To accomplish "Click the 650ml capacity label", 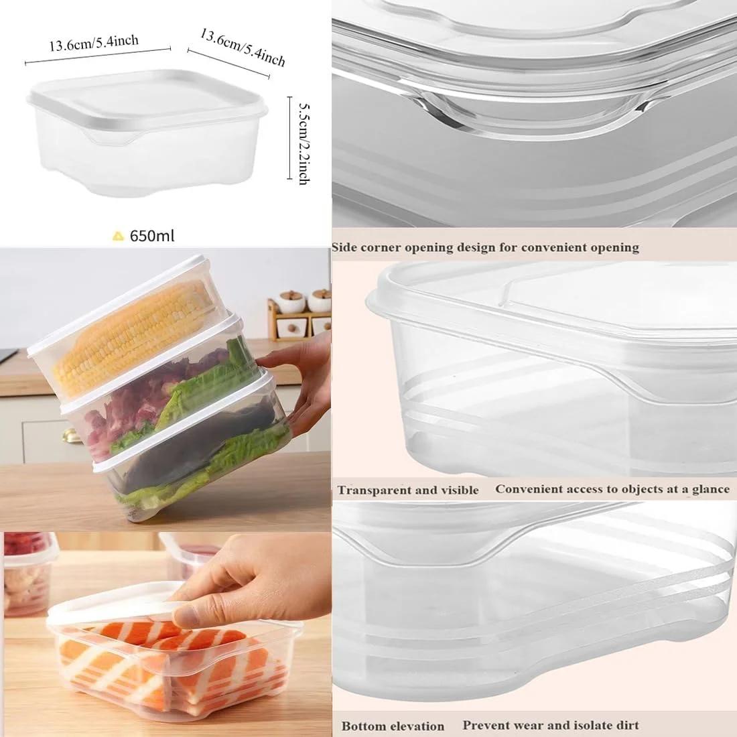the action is point(152,235).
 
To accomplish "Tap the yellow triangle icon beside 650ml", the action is point(119,236).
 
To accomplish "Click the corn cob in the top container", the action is point(129,336).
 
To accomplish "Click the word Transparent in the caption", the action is point(377,490).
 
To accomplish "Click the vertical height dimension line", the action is point(290,138).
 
